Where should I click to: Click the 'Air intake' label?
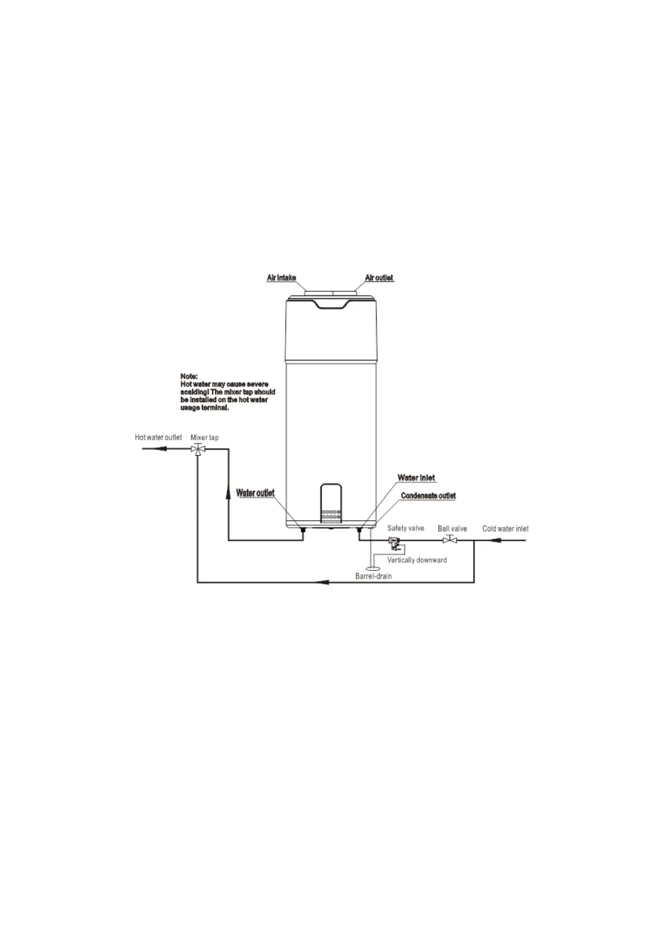click(x=281, y=277)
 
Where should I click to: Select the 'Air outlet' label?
click(x=379, y=277)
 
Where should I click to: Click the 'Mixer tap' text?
click(x=205, y=437)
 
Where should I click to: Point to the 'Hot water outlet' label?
click(x=158, y=437)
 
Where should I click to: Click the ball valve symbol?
click(x=450, y=540)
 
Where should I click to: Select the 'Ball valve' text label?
click(x=452, y=528)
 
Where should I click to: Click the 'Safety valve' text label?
click(x=405, y=528)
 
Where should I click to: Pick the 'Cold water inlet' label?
click(x=505, y=528)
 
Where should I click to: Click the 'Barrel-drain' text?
click(x=373, y=576)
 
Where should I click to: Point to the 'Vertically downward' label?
click(x=417, y=560)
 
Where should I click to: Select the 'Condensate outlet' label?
click(x=428, y=495)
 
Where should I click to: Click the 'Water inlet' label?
click(x=416, y=478)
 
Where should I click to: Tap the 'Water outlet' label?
click(x=255, y=493)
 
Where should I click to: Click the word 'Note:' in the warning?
click(x=189, y=376)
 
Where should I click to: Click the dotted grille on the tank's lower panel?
click(x=331, y=516)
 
